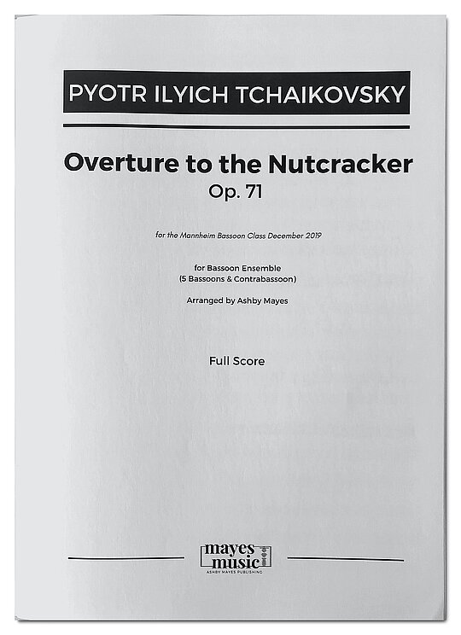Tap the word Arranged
tap(204, 300)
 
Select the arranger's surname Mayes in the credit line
tap(272, 300)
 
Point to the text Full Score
tap(236, 361)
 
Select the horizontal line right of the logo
tap(345, 559)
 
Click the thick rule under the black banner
tap(236, 127)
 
